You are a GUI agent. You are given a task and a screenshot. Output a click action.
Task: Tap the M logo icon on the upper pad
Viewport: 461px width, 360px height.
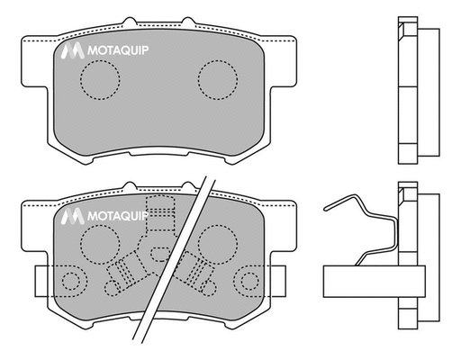tap(71, 54)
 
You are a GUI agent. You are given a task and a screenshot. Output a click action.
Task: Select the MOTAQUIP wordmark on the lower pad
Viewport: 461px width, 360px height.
tap(117, 217)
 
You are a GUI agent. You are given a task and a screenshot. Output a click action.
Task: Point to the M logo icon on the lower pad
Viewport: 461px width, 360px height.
tap(71, 217)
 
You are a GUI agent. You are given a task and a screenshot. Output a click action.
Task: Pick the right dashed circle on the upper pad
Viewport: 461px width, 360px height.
tap(216, 79)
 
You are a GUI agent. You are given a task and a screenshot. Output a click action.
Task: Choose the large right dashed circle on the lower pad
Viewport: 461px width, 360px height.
tap(216, 243)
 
